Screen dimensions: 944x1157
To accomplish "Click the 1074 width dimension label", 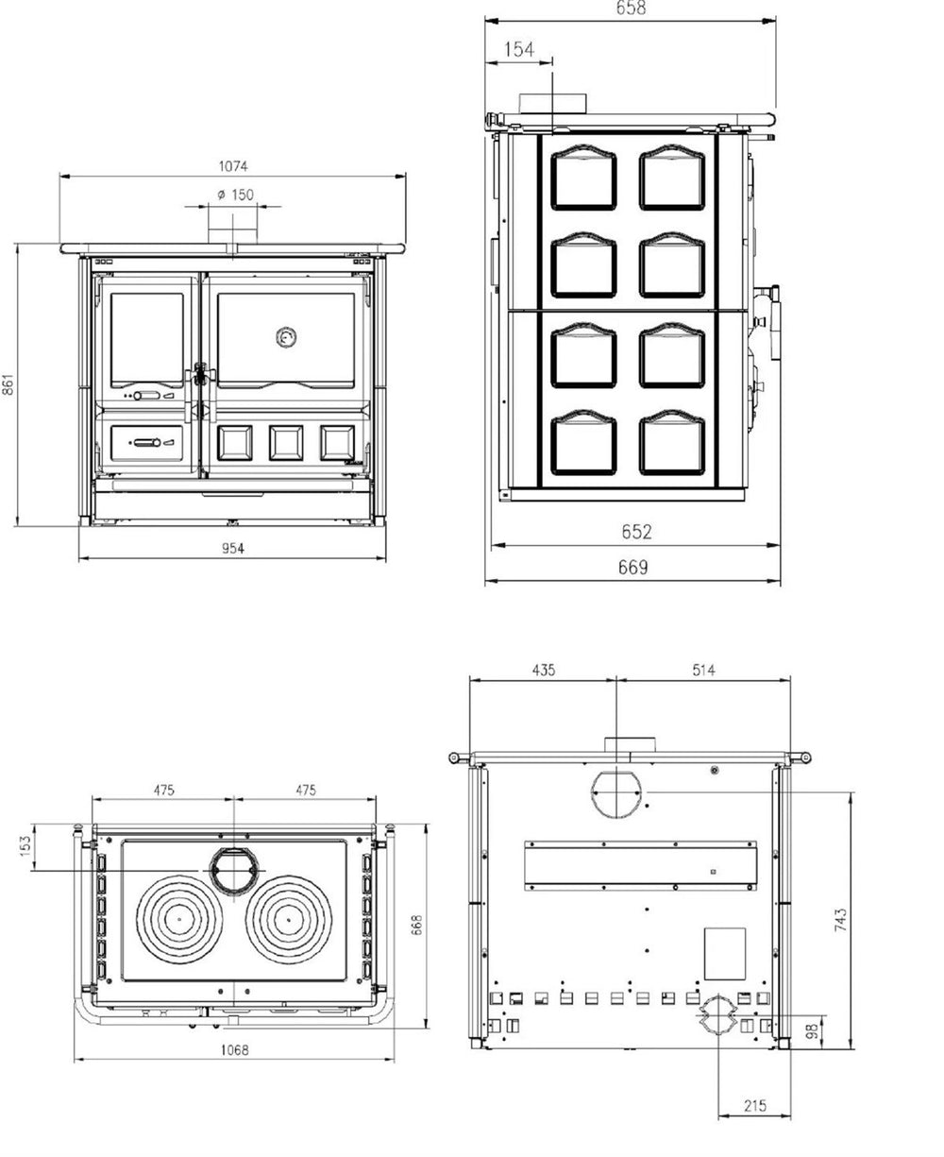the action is coord(233,165).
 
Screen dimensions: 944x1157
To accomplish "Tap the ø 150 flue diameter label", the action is coord(235,195).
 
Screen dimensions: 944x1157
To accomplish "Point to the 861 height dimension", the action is coord(8,384).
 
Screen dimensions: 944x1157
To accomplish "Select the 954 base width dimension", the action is coord(233,548).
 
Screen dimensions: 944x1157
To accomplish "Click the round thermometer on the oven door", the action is coord(286,337).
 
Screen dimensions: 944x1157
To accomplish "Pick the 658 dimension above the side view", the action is coord(631,8).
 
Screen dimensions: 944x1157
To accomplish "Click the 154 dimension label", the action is coord(518,49).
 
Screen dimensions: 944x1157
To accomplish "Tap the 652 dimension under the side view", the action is coord(636,532).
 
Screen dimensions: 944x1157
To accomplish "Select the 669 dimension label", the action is coord(633,567).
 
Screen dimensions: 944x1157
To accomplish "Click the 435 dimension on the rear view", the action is coord(543,670).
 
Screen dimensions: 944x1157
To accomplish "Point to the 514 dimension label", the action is coord(703,670).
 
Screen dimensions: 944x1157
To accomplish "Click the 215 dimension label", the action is coord(755,1105).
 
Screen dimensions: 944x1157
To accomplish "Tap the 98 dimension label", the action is coord(813,1031).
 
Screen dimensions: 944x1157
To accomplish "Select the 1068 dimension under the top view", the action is coord(235,1049).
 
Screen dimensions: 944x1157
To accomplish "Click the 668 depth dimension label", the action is coord(416,925).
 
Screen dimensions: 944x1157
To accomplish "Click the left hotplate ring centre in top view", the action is coord(179,919).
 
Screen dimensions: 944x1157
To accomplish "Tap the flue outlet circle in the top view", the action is coord(234,871).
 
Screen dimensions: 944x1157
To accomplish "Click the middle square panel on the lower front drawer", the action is coord(286,442).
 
